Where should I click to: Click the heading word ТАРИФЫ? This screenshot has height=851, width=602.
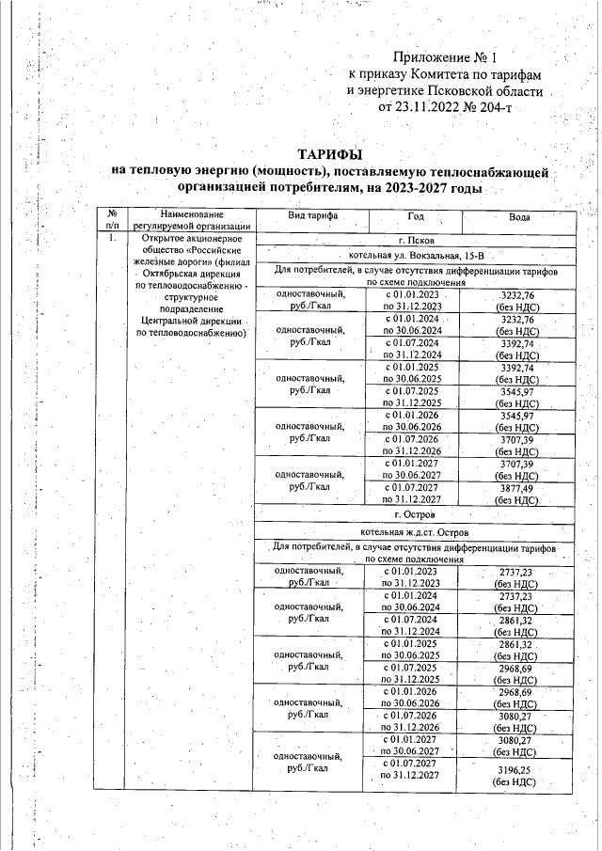coord(329,153)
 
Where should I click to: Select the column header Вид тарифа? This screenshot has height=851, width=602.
coord(299,216)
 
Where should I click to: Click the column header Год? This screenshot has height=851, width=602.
coord(415,216)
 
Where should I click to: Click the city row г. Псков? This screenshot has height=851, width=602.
coord(415,241)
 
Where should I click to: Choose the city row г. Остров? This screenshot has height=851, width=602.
coord(415,514)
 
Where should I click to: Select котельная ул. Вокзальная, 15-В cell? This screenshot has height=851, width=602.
coord(415,256)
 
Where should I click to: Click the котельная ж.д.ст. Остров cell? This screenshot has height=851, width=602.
coord(415,532)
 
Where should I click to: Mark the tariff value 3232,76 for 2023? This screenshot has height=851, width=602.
coord(518,295)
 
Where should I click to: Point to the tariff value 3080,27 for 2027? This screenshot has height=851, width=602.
coord(518,741)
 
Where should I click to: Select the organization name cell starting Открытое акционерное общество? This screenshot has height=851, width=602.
coord(191,282)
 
